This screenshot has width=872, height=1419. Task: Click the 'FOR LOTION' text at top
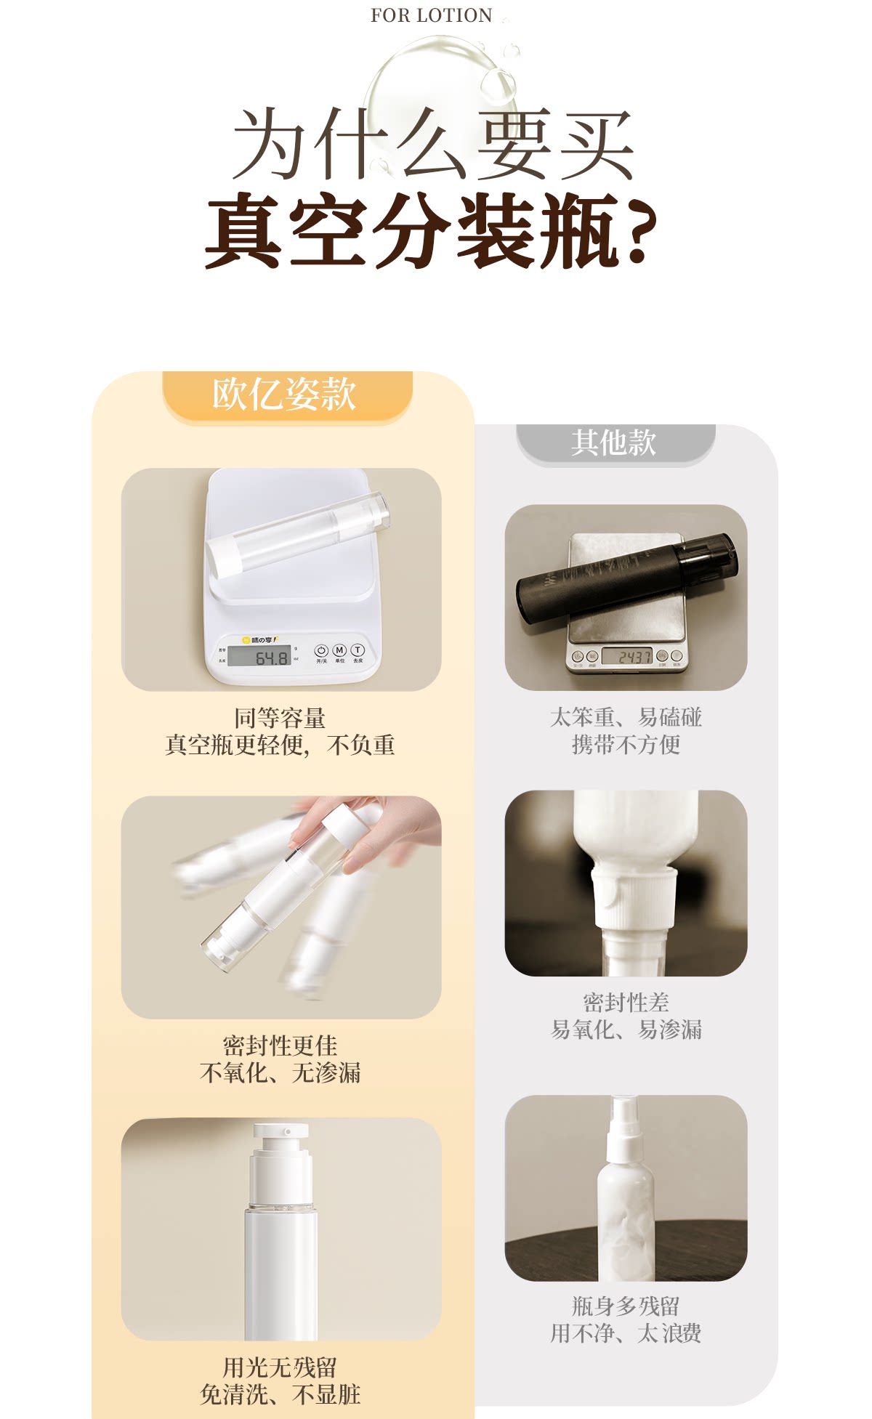[431, 15]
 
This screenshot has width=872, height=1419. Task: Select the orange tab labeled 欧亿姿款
[286, 395]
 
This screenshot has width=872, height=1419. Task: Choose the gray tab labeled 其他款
[615, 442]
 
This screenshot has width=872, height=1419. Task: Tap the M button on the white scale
[339, 650]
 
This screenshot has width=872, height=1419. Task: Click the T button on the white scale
[358, 650]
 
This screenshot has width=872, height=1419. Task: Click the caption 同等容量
[280, 718]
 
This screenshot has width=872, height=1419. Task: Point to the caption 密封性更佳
[280, 1046]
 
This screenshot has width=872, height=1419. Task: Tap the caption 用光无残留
[280, 1367]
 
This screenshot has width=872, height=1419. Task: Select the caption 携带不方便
[626, 745]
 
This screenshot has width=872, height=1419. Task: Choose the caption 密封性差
[626, 1003]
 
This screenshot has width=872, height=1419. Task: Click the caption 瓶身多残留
[626, 1306]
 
